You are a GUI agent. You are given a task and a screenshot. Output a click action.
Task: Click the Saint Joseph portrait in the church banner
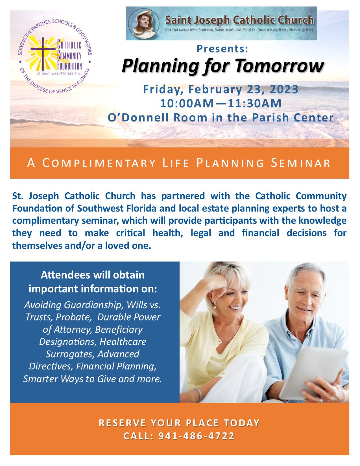coord(144,23)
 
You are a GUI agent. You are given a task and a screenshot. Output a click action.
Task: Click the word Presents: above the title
coord(222,49)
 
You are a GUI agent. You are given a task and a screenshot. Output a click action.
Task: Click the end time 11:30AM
coord(254,103)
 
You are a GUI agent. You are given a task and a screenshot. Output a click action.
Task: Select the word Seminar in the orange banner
coord(301,163)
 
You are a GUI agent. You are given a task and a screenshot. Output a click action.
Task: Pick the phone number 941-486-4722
coord(197,436)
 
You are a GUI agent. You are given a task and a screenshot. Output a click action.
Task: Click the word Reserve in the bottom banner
coord(122,423)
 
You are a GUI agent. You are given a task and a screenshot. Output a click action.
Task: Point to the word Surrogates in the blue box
coord(70,354)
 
